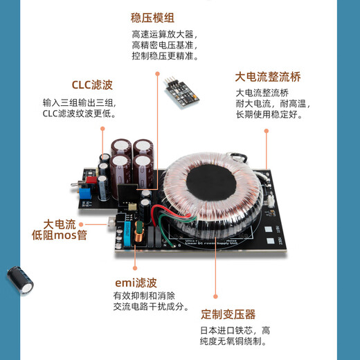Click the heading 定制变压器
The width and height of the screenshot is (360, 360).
(x=228, y=314)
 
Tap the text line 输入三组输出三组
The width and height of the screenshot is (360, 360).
(x=76, y=102)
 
